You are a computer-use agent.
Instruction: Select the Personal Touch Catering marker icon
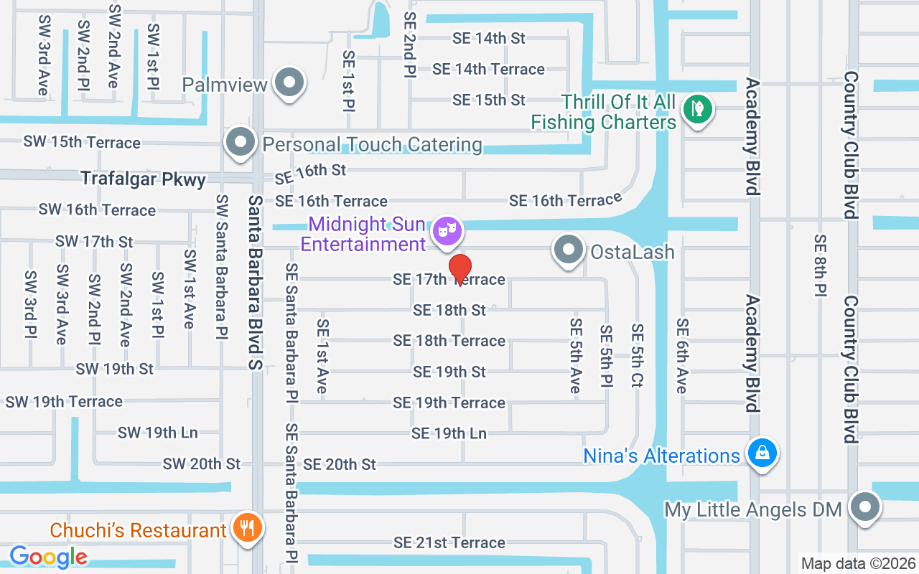coord(241,143)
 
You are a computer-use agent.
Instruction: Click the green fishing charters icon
coord(696,109)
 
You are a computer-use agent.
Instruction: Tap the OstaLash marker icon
coord(569,250)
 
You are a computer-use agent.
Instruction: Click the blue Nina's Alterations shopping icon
coord(762,453)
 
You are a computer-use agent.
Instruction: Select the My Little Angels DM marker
coord(865,507)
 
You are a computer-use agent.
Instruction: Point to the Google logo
coord(48,556)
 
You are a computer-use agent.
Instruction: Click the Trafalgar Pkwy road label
coord(143,179)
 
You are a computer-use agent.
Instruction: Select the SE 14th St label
coord(489,38)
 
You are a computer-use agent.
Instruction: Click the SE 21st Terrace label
coord(449,542)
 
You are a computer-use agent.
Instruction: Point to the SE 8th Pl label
coord(821,265)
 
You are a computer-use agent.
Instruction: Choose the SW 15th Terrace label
coord(82,142)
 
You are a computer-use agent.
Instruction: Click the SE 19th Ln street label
coord(449,433)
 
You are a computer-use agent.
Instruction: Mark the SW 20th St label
coord(202,464)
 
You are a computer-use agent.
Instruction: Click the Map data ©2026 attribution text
coord(857,563)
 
